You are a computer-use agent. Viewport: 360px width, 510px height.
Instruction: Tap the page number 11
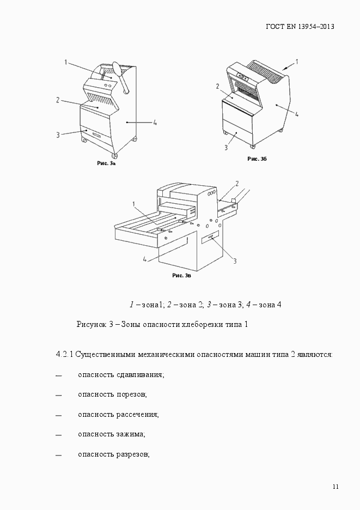pyautogui.click(x=335, y=486)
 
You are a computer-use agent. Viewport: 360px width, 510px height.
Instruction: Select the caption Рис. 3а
pyautogui.click(x=106, y=163)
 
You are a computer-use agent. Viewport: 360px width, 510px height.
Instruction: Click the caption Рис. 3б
pyautogui.click(x=257, y=159)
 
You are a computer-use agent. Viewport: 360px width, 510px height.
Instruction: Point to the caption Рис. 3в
pyautogui.click(x=181, y=276)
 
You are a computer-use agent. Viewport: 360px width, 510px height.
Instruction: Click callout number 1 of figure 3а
pyautogui.click(x=66, y=63)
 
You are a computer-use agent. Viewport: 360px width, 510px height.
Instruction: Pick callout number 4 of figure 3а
pyautogui.click(x=155, y=123)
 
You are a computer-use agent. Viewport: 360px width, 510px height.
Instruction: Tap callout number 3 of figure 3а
pyautogui.click(x=58, y=135)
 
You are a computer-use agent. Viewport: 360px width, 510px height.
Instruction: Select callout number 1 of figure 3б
pyautogui.click(x=297, y=61)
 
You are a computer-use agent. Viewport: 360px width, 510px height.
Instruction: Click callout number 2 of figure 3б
pyautogui.click(x=217, y=86)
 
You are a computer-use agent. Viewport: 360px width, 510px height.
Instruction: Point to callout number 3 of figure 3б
pyautogui.click(x=226, y=147)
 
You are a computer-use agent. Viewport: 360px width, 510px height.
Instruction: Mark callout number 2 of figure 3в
pyautogui.click(x=237, y=183)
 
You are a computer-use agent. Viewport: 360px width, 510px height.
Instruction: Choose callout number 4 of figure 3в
pyautogui.click(x=145, y=260)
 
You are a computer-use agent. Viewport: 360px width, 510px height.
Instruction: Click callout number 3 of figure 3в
pyautogui.click(x=235, y=261)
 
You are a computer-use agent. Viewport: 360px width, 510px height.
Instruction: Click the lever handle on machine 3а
pyautogui.click(x=121, y=76)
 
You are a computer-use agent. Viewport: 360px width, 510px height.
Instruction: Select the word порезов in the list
pyautogui.click(x=132, y=394)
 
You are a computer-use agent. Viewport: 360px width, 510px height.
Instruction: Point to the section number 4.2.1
pyautogui.click(x=64, y=354)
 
